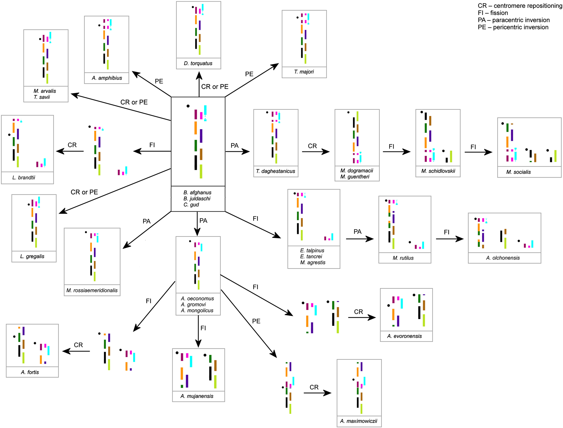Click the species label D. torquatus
tap(198, 63)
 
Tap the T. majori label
tap(304, 72)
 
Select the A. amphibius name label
tap(107, 78)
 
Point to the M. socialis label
tap(518, 172)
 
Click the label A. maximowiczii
tap(359, 421)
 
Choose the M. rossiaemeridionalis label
tap(92, 290)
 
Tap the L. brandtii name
tap(24, 178)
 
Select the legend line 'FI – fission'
tap(493, 13)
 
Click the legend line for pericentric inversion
tap(513, 27)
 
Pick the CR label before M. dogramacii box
tap(312, 146)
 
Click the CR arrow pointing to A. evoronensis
tap(362, 318)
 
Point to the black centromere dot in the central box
tap(188, 106)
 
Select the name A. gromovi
tap(193, 305)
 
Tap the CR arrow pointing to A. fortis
tap(76, 351)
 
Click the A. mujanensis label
tap(197, 396)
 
